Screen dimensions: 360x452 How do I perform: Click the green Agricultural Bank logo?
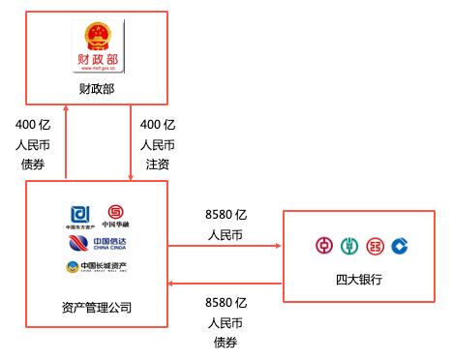[348, 246]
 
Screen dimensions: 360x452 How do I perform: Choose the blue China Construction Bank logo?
[400, 246]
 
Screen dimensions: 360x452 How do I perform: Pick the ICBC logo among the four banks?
[375, 246]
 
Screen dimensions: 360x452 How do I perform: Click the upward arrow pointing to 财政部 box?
[65, 140]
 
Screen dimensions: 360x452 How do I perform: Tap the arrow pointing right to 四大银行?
[223, 246]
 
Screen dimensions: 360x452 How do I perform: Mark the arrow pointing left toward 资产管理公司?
[223, 284]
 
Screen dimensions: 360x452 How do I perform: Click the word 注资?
[157, 164]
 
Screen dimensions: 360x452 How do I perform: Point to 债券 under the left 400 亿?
[34, 164]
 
